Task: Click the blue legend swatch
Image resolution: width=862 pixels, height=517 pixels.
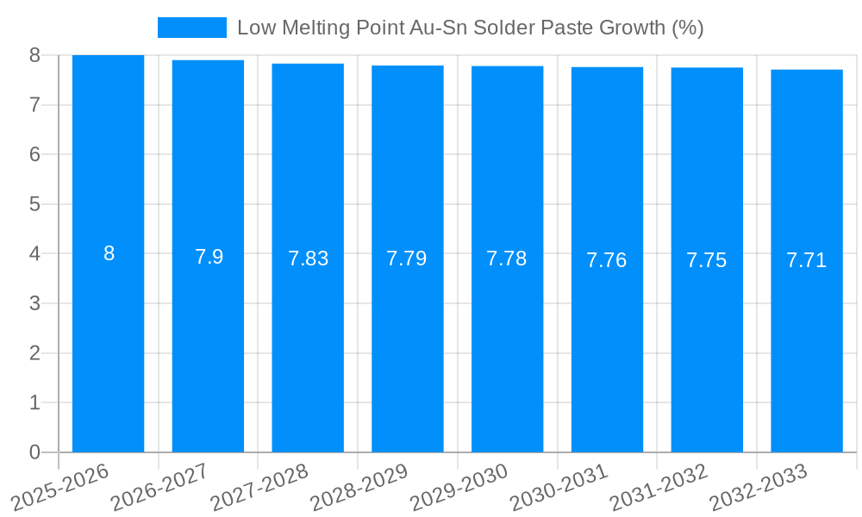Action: [191, 28]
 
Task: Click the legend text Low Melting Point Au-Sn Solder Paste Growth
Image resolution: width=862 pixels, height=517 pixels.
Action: [470, 28]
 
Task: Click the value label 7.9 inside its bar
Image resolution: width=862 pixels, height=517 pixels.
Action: [209, 257]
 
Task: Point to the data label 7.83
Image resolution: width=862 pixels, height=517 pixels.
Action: [309, 258]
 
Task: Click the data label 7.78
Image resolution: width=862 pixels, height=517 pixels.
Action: [507, 258]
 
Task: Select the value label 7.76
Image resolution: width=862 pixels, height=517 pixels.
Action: [607, 260]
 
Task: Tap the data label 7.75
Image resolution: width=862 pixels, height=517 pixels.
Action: [707, 260]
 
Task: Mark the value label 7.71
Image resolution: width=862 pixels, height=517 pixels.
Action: [807, 260]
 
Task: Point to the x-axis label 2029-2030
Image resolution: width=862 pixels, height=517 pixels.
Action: [459, 488]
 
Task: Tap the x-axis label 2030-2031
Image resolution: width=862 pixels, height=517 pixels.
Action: [559, 488]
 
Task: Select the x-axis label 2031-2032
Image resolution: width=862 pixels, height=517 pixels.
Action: [659, 488]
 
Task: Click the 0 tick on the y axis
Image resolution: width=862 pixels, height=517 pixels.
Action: [34, 452]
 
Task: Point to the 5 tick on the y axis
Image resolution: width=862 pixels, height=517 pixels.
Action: [34, 204]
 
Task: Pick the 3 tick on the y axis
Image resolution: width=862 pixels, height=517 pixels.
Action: [34, 303]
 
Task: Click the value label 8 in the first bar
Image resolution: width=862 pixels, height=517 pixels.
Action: [109, 253]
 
